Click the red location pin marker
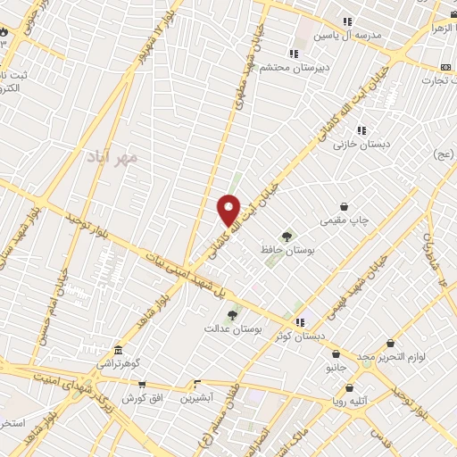pos(230,210)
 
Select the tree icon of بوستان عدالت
pos(233,314)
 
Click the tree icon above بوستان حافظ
pos(287,236)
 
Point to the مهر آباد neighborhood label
pos(112,157)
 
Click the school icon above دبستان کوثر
pos(300,322)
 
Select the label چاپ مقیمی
pos(345,219)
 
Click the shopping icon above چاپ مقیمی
pos(345,206)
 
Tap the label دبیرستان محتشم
pos(295,67)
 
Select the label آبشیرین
pos(196,398)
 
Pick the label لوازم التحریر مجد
pos(391,357)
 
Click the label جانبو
pos(335,366)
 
